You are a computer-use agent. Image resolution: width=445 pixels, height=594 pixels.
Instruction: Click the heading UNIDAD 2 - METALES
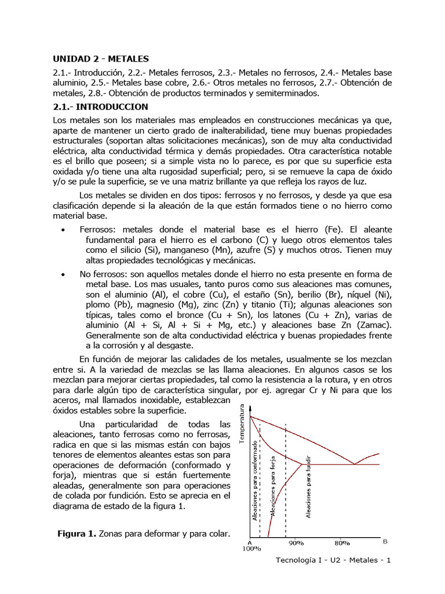pyautogui.click(x=101, y=59)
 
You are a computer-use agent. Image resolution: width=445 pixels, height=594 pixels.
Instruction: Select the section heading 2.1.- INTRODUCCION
pyautogui.click(x=101, y=107)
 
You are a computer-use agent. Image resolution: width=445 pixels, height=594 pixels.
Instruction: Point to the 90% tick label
pyautogui.click(x=296, y=543)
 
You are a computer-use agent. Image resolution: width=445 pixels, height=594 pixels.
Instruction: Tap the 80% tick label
pyautogui.click(x=341, y=543)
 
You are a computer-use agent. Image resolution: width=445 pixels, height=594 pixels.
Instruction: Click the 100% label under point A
pyautogui.click(x=252, y=549)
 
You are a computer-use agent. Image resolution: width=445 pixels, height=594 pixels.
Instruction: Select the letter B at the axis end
pyautogui.click(x=385, y=541)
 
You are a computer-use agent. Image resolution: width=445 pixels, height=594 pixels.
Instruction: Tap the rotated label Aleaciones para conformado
pyautogui.click(x=255, y=480)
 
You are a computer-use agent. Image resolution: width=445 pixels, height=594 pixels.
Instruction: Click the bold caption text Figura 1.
pyautogui.click(x=76, y=533)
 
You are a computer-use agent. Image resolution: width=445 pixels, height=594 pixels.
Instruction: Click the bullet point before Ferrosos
pyautogui.click(x=62, y=230)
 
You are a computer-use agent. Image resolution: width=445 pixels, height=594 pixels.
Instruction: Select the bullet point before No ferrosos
pyautogui.click(x=62, y=274)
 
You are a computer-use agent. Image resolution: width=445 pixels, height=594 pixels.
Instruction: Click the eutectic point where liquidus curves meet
pyautogui.click(x=354, y=464)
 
